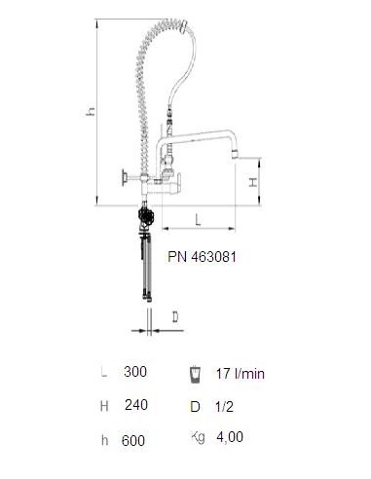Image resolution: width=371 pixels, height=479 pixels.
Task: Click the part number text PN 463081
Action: (202, 257)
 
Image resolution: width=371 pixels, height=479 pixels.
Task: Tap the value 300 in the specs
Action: (135, 372)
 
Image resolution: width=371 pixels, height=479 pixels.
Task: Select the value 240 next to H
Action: (136, 405)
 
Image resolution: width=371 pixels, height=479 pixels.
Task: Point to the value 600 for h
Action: (133, 440)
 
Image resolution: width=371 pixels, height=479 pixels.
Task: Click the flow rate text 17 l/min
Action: (241, 374)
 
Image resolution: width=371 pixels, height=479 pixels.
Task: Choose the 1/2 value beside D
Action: (225, 406)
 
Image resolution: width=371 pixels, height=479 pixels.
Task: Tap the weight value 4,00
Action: (230, 437)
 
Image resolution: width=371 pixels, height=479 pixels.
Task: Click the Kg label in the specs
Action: (198, 437)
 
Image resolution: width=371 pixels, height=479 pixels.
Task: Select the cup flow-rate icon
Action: (195, 375)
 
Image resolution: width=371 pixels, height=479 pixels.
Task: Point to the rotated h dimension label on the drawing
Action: (91, 111)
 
